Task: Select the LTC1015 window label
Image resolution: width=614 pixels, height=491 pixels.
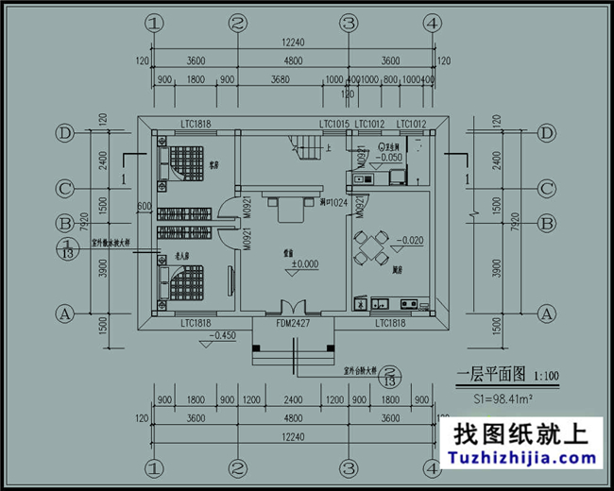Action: coord(334,124)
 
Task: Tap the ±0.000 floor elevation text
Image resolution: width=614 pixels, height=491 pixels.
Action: coord(304,264)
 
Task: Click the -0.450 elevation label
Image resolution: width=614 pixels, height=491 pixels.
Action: coord(223,335)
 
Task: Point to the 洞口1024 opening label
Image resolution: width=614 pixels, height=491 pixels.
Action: coord(334,202)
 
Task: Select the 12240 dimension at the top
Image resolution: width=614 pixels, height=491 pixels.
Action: coord(293,42)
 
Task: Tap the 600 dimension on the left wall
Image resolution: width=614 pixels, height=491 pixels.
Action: coord(144,206)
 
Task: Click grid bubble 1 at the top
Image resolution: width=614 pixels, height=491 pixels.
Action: coord(155,22)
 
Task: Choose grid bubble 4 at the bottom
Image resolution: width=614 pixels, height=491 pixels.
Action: coord(432,466)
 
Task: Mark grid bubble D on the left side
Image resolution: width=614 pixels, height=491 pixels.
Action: coord(64,133)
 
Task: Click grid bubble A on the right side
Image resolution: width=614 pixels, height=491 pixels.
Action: coord(545,313)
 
